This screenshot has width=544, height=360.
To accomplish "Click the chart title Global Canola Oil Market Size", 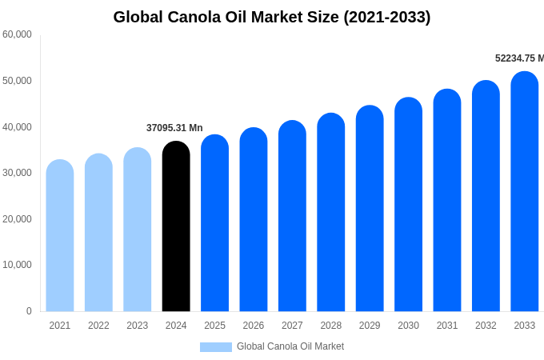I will [x=272, y=17].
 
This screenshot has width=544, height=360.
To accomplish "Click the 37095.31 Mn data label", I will [x=174, y=128].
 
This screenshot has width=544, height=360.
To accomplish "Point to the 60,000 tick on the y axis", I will [x=17, y=34].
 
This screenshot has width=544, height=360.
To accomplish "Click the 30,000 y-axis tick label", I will [x=17, y=173].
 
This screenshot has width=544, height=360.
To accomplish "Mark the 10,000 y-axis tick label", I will [x=17, y=265].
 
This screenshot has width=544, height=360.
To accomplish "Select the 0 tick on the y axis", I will [x=29, y=311].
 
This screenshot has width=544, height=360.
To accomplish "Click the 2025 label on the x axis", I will [x=214, y=326].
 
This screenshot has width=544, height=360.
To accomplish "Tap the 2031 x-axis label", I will [x=447, y=326].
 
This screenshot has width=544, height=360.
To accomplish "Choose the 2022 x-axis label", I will [x=98, y=326].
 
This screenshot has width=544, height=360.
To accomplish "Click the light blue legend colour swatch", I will [x=215, y=347].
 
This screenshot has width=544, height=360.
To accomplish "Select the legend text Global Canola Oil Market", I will [x=290, y=346].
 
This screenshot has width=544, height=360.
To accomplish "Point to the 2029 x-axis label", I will [x=370, y=326].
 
